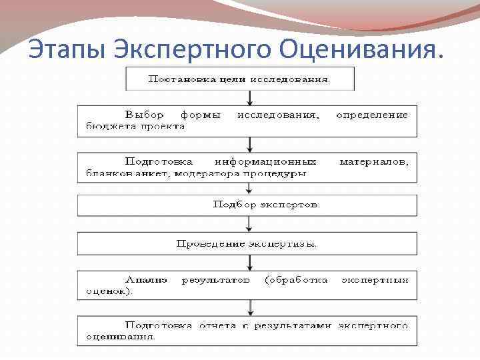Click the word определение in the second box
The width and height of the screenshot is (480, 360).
(371, 115)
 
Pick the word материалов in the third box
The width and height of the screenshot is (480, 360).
(373, 161)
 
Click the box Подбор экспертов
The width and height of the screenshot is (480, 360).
(266, 205)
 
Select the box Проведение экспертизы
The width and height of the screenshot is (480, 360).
(247, 243)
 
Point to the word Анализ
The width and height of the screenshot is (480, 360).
(146, 280)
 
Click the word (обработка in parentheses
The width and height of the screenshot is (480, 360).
(296, 280)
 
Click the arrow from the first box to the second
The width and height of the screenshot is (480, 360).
(249, 97)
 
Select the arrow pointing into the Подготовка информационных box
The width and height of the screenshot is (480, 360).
(249, 144)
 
